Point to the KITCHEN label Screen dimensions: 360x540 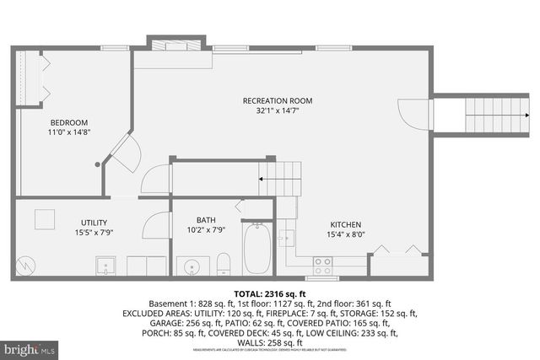[345, 225]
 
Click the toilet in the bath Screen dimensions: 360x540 [223, 263]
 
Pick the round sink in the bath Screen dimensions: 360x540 [192, 268]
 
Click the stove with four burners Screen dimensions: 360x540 [322, 266]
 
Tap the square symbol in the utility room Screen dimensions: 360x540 [45, 218]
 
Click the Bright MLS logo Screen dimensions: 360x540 [30, 347]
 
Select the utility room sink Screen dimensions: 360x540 [105, 266]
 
